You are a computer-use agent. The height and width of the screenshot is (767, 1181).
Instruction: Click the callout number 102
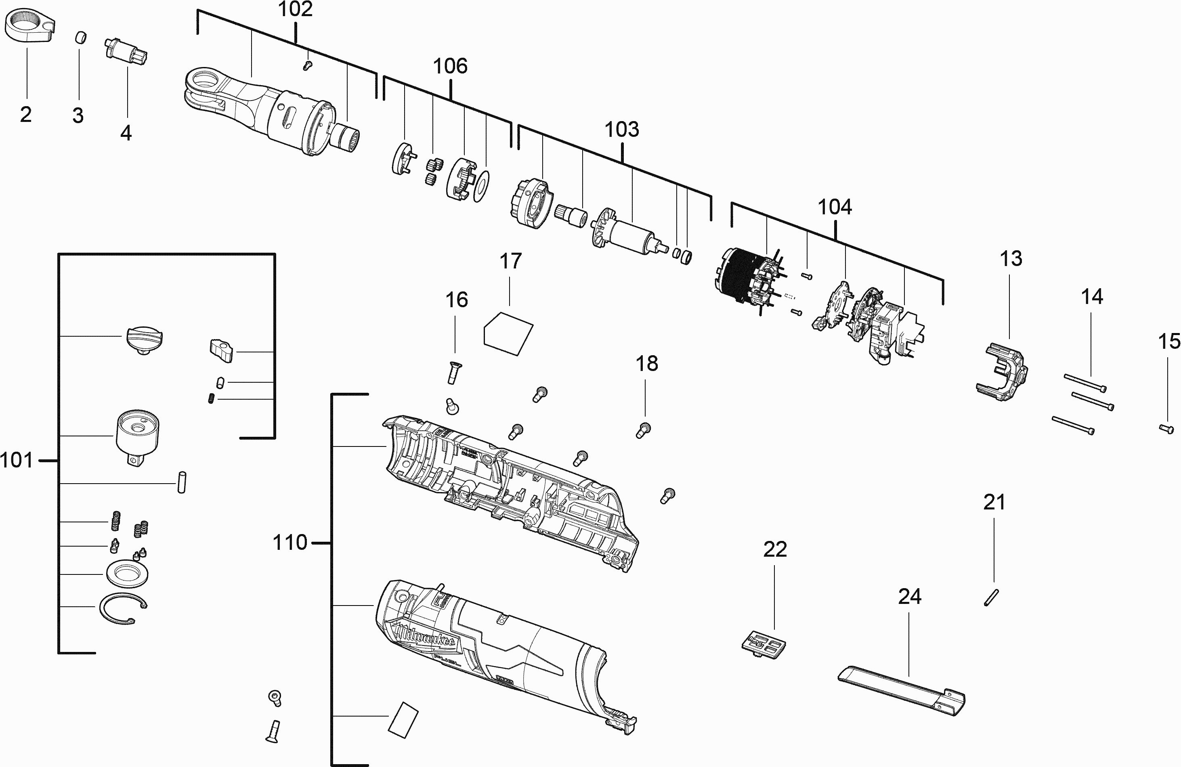click(x=295, y=9)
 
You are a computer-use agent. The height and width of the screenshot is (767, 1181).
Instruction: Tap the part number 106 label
click(x=450, y=66)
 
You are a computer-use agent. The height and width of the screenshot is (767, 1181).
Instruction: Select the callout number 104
click(x=835, y=207)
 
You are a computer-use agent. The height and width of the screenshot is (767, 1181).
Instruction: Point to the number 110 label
click(x=290, y=543)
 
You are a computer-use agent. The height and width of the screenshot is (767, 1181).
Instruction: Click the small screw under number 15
click(x=1166, y=429)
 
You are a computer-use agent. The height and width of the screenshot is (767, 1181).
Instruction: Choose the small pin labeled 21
click(x=990, y=597)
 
